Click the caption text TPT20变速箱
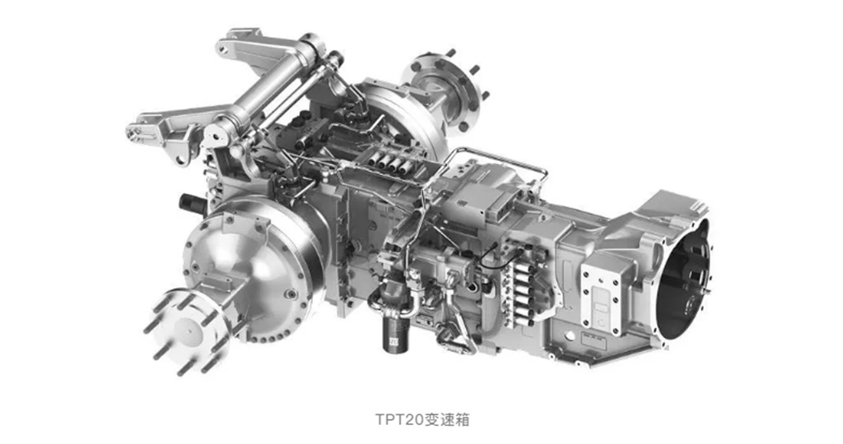pos(422,419)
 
